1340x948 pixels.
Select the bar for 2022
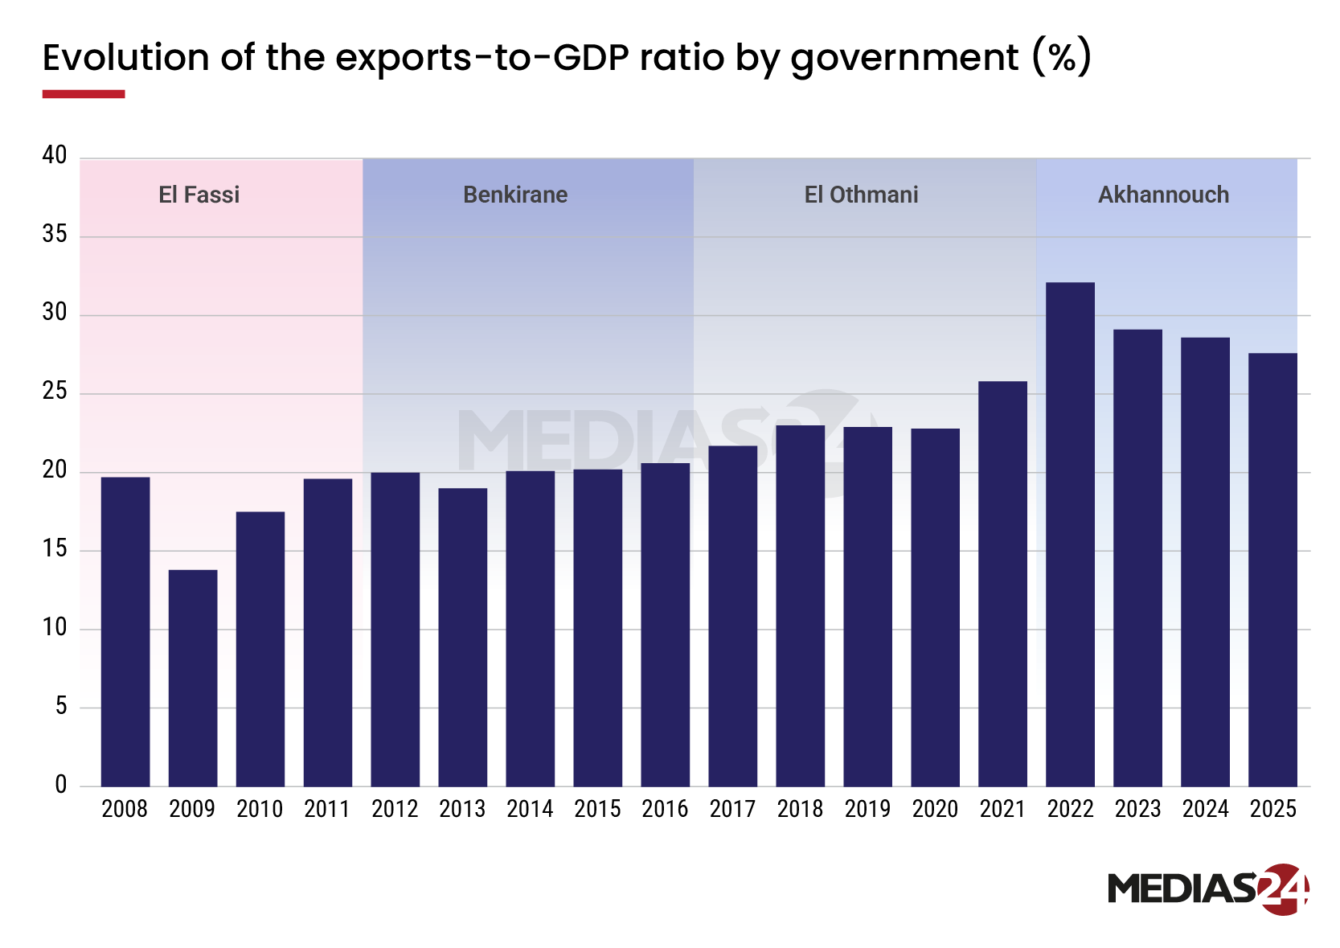point(1070,535)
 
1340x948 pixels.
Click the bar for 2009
point(193,678)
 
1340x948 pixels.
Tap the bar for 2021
point(1002,584)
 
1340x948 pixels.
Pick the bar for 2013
point(463,637)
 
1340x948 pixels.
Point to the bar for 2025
point(1272,569)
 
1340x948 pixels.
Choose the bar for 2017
point(733,616)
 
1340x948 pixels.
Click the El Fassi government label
point(199,195)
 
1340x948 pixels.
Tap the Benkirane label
point(515,195)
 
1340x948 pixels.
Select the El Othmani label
point(861,195)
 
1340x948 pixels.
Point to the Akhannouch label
point(1163,195)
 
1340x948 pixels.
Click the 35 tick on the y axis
point(55,235)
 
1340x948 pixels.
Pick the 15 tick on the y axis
point(55,549)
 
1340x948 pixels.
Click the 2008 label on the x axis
point(125,809)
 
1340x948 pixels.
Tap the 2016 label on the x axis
point(665,809)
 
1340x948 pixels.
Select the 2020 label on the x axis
point(935,809)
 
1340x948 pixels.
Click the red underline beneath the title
point(84,94)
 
